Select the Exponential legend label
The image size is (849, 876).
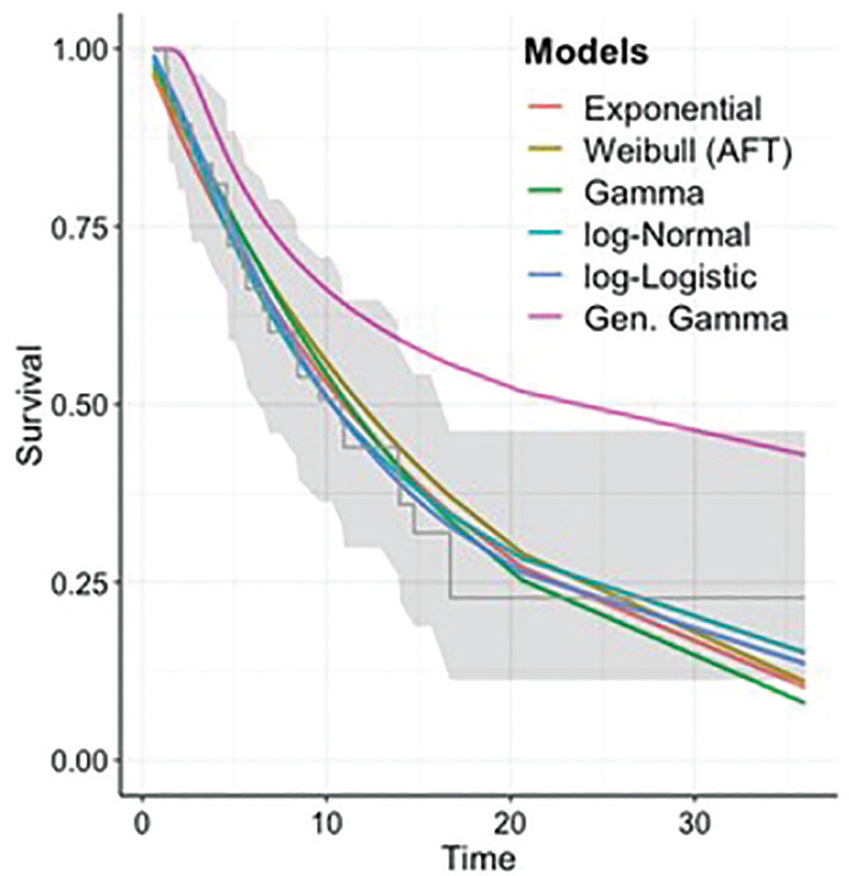pos(671,107)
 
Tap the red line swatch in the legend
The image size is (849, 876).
pos(546,107)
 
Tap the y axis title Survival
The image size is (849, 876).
pos(31,405)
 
